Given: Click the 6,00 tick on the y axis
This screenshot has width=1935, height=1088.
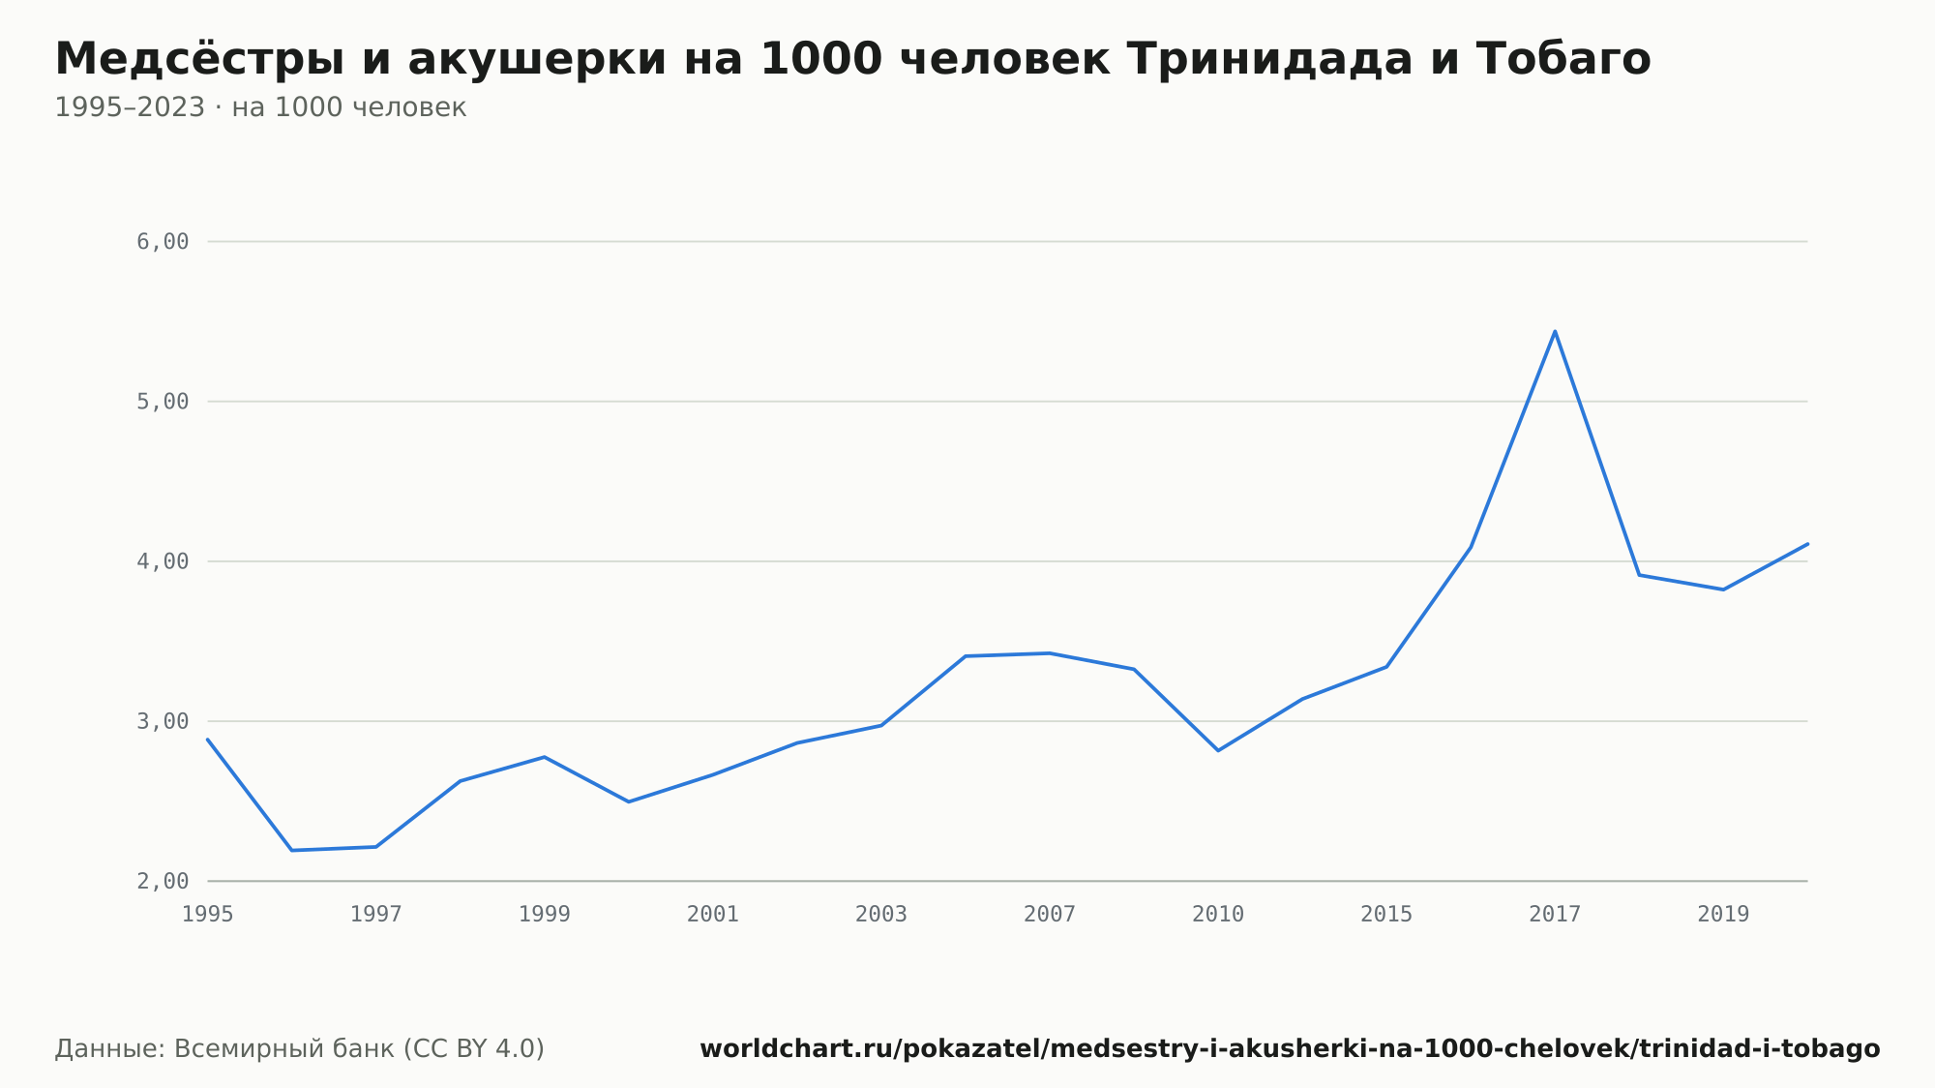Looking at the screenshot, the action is tap(163, 242).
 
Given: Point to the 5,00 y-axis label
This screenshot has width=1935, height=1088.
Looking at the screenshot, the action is tap(163, 402).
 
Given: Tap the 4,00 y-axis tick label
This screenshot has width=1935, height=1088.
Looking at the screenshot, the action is tap(163, 561).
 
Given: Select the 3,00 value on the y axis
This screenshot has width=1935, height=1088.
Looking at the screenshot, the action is tap(163, 721).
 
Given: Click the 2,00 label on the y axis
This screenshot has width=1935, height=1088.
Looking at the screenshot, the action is tap(163, 881).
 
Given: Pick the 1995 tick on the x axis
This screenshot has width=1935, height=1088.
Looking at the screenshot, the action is tap(208, 915).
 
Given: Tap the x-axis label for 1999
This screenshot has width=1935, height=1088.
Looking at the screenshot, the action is tap(545, 915).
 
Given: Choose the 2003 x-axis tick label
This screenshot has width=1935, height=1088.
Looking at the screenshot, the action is tap(881, 915).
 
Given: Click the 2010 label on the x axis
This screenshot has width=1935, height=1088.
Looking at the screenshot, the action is tap(1218, 915).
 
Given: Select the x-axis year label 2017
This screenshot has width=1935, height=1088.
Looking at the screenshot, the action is tap(1555, 915).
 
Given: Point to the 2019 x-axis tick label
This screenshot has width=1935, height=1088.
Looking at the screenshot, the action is tap(1723, 915).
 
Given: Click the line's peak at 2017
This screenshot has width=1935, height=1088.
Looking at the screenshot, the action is tap(1555, 331).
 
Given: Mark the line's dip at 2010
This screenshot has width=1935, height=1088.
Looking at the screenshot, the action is tap(1218, 750).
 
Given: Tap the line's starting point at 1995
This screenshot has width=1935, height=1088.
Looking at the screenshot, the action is tap(208, 740).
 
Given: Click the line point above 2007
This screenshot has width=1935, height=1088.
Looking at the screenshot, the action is tap(1050, 653).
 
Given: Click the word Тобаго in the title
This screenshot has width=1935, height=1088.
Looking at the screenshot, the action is tap(1563, 59).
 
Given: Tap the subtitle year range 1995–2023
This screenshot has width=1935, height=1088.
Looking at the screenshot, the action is tap(130, 107).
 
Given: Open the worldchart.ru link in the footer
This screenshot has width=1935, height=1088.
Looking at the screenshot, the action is tap(1290, 1049).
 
